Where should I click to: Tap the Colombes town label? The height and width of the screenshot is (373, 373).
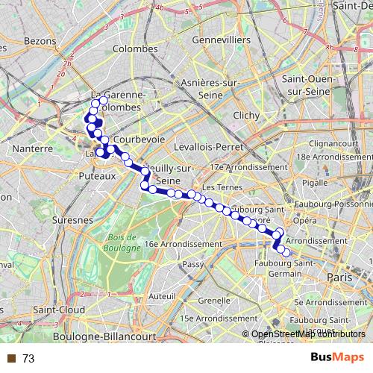click(x=134, y=48)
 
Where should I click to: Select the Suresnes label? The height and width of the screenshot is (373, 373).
click(x=73, y=221)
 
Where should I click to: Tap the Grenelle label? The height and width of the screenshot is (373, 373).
click(x=214, y=301)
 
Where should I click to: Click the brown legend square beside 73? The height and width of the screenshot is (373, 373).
click(x=10, y=359)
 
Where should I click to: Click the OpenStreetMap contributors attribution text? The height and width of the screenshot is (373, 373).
click(x=307, y=334)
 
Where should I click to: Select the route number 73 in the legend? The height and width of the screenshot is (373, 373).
click(x=28, y=359)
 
